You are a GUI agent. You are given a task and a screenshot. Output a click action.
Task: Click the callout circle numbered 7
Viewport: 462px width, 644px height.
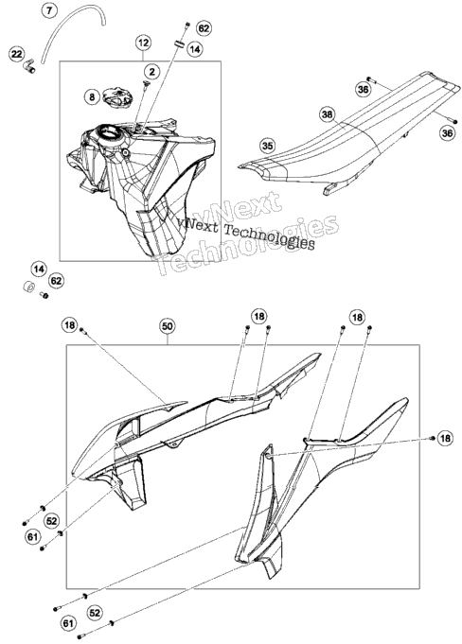pos(49,10)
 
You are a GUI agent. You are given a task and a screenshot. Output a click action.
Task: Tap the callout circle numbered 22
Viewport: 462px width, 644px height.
pos(17,54)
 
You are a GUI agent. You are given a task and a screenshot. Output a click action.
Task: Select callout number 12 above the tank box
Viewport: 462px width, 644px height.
pos(144,43)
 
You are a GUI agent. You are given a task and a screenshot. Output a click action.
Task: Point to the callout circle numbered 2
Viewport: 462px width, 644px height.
pos(152,72)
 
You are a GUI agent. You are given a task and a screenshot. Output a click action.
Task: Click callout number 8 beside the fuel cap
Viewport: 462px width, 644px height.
pos(92,96)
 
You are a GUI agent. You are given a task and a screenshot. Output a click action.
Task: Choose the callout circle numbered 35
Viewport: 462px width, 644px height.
pos(268,146)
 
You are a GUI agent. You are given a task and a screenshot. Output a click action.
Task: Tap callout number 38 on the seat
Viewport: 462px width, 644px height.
pos(328,114)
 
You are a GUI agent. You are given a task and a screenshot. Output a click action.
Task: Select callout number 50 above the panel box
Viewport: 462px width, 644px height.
pos(168,326)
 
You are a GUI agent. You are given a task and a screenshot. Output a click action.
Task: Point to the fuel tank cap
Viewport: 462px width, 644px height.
pos(117,96)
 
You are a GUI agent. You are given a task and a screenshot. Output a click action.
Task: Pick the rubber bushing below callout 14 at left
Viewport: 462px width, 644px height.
pos(28,287)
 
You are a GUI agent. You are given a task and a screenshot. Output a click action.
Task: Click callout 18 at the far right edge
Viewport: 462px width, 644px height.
pos(445,438)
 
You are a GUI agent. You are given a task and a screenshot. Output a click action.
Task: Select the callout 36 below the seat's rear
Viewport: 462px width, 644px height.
pos(447,133)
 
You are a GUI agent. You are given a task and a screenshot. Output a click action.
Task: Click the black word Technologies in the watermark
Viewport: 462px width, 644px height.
pos(269,235)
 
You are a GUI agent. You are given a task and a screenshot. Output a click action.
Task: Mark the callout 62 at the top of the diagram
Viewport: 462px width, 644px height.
pos(204,28)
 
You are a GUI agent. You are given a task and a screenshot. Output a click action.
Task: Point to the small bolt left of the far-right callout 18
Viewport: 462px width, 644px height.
pos(432,438)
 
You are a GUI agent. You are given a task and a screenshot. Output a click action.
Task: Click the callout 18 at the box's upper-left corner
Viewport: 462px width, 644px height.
pos(69,325)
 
